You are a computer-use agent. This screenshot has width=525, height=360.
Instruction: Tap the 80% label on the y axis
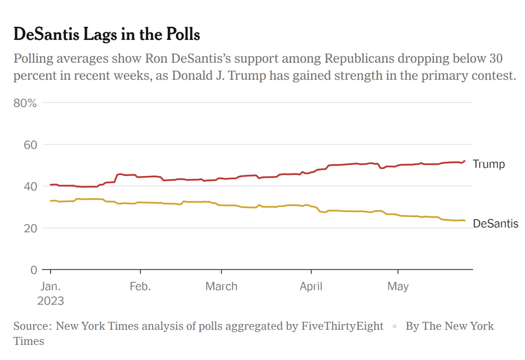tap(26, 103)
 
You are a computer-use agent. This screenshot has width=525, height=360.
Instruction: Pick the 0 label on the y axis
tap(34, 270)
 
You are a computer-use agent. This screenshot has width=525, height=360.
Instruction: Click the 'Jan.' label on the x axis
tap(50, 287)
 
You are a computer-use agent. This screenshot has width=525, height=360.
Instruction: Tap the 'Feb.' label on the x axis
tap(140, 287)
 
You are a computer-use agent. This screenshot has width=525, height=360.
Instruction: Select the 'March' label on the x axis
tap(221, 287)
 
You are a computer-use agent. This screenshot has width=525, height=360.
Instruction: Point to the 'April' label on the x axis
tap(311, 287)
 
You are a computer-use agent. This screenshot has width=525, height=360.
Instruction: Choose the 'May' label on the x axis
tap(398, 287)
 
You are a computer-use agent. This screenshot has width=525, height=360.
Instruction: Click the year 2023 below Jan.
tap(50, 301)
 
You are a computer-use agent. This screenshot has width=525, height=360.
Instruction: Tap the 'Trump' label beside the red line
tap(489, 164)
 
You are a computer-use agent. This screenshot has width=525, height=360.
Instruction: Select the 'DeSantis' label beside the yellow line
tap(495, 224)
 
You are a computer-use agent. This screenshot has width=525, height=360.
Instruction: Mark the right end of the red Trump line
tap(465, 161)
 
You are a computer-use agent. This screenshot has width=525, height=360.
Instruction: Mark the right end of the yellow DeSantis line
tap(465, 221)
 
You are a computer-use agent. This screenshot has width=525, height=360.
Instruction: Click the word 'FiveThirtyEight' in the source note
tap(343, 326)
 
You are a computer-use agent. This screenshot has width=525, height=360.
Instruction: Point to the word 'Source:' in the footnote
tap(33, 326)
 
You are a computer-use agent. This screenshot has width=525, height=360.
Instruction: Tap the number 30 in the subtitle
tap(493, 59)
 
